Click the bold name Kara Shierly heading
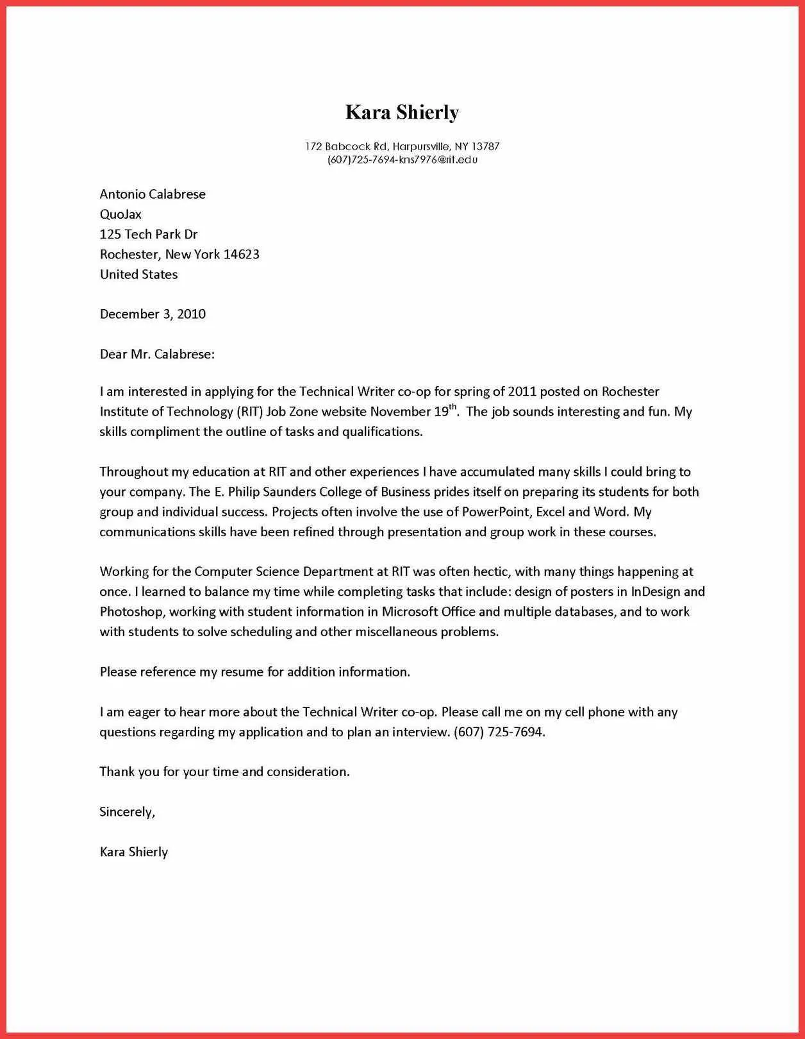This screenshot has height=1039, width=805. click(x=402, y=112)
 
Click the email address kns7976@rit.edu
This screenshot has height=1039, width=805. click(x=438, y=160)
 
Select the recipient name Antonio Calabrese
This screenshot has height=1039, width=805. click(x=153, y=194)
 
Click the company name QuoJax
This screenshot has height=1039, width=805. click(x=120, y=214)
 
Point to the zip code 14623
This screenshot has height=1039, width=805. click(x=241, y=255)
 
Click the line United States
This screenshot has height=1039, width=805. click(x=138, y=275)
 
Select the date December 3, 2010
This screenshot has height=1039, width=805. click(x=153, y=314)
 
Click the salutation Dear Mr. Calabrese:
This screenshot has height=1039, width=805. click(x=157, y=354)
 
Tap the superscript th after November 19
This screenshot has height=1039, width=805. click(x=452, y=407)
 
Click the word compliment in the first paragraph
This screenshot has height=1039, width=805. click(x=165, y=432)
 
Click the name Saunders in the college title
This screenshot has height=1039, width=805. click(x=285, y=492)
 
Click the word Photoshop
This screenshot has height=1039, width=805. click(x=131, y=612)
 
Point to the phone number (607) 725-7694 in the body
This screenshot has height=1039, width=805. click(x=499, y=732)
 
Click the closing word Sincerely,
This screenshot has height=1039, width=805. click(x=127, y=812)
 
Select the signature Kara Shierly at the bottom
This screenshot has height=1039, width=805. click(x=133, y=852)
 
